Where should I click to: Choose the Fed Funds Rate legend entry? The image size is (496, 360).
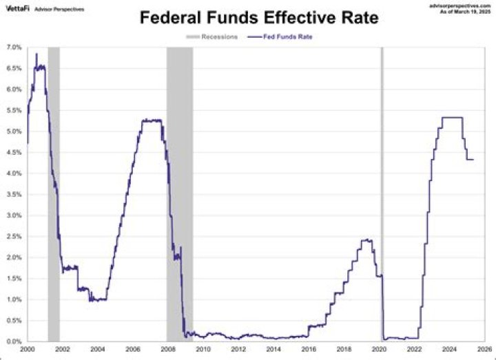click(x=288, y=37)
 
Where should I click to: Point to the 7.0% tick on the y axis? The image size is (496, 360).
click(x=14, y=47)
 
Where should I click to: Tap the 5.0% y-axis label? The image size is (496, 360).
click(x=14, y=131)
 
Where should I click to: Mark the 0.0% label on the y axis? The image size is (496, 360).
click(x=14, y=341)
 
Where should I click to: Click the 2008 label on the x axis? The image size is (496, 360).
click(x=168, y=350)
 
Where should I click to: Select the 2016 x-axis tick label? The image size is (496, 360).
click(x=309, y=350)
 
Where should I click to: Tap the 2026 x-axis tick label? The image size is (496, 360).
click(x=485, y=350)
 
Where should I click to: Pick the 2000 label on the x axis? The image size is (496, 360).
click(x=28, y=350)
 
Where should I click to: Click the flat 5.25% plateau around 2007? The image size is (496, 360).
click(x=152, y=120)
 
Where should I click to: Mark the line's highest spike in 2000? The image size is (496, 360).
click(x=37, y=54)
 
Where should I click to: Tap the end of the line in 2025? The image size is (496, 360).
click(x=473, y=160)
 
